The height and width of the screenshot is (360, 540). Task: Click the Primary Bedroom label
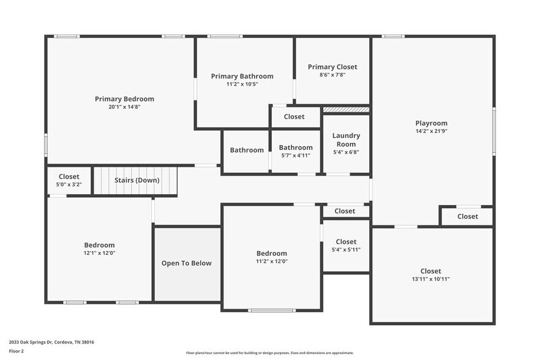coord(124,99)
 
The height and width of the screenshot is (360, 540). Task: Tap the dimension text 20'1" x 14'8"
coord(124,107)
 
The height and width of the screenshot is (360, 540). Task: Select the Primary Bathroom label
coord(242,76)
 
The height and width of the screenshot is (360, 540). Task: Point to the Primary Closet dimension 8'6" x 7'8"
coord(332,75)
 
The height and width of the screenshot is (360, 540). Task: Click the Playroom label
coord(431,122)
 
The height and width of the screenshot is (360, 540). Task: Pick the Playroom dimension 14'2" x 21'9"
coord(431,131)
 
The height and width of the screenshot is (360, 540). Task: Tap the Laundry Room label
coord(346,140)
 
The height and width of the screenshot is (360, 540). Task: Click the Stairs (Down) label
coord(137,180)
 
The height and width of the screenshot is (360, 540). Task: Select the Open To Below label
coord(186,263)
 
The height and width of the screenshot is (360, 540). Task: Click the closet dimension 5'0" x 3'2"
coord(69,184)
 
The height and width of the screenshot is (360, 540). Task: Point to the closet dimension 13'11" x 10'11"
coord(430,279)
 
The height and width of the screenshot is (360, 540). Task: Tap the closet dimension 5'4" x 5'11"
coord(346,250)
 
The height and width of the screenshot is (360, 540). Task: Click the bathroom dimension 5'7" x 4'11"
coord(296,156)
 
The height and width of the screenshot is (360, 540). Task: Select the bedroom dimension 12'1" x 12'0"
coord(99,253)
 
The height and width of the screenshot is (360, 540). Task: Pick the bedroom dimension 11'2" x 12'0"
coord(271,261)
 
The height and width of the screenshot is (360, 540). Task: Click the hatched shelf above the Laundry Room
coord(346,110)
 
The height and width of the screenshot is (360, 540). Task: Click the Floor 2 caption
coord(17,351)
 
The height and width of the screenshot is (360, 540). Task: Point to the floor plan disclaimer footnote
coord(269,353)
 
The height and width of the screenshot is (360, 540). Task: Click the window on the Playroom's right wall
coord(493,131)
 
